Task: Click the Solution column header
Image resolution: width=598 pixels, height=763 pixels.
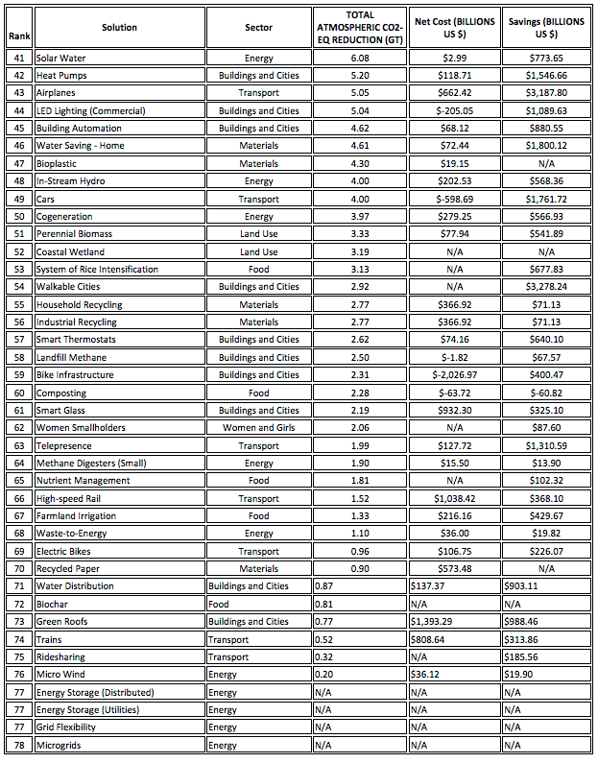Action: tap(119, 27)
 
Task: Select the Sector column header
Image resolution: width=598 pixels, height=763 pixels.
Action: tap(258, 27)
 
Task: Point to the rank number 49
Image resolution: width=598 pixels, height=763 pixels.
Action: tap(18, 199)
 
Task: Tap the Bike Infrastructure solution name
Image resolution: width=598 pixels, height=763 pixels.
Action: tap(75, 374)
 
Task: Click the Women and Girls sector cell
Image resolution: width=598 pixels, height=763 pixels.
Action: tap(258, 427)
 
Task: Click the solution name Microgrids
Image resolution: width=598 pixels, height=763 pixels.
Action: tap(60, 745)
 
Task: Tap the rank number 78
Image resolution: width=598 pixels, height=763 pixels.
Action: tap(18, 745)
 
